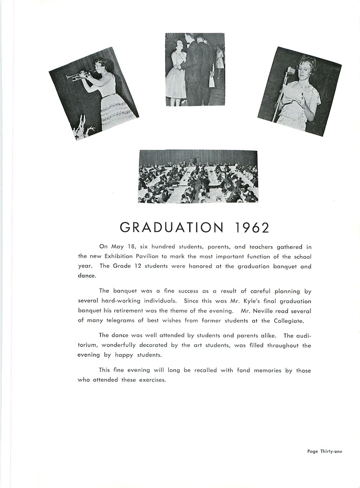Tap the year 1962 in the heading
coord(251,228)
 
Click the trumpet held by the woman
coord(78,75)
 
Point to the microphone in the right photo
coord(291,71)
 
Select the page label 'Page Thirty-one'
coord(325,451)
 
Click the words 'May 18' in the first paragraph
coord(118,246)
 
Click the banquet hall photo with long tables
coord(198,176)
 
